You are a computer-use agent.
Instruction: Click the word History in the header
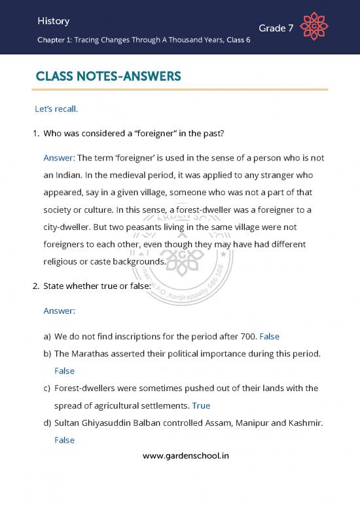(54, 22)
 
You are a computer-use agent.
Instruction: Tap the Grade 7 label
(276, 28)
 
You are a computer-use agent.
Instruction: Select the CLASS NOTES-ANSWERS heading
(108, 78)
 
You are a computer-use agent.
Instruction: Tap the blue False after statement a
(270, 337)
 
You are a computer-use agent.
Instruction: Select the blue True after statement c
(201, 405)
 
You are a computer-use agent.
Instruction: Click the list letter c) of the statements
(46, 388)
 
